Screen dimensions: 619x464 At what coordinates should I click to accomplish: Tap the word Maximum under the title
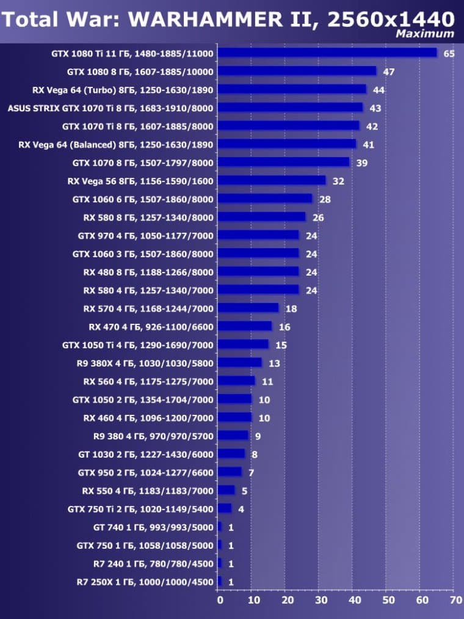click(425, 34)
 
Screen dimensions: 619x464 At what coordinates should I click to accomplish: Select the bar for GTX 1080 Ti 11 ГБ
click(327, 53)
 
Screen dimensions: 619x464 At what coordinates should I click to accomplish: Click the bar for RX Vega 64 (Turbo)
click(292, 89)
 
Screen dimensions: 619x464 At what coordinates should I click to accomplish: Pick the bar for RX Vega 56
click(272, 180)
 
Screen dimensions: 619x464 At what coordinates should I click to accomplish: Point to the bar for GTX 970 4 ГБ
click(258, 235)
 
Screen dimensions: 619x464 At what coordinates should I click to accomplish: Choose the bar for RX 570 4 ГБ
click(248, 308)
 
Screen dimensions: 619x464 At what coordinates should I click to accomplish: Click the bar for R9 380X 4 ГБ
click(239, 362)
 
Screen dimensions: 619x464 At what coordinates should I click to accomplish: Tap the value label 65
click(449, 54)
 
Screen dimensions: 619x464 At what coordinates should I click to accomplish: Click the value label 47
click(389, 71)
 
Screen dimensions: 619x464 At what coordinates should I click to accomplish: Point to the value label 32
click(338, 181)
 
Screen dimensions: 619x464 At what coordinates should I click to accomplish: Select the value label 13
click(274, 363)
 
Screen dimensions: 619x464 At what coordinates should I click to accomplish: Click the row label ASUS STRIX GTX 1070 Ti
click(110, 108)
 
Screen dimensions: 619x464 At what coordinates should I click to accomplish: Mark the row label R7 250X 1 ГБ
click(145, 582)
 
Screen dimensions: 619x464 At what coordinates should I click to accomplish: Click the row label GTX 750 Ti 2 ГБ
click(140, 508)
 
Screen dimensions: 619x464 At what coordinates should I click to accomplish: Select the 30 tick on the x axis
click(320, 600)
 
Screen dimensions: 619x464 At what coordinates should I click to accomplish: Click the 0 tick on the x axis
click(220, 600)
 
